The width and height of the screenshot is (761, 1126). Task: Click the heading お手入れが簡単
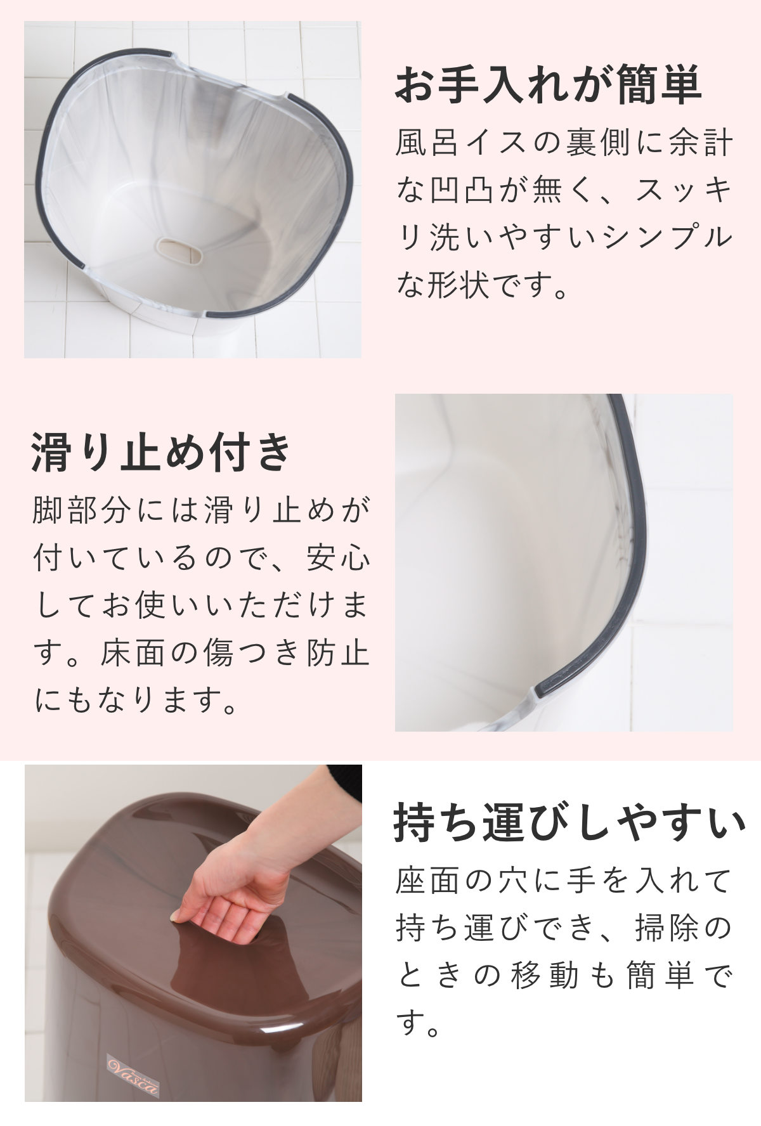click(x=548, y=86)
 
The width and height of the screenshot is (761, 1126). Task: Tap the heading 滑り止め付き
click(x=161, y=452)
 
